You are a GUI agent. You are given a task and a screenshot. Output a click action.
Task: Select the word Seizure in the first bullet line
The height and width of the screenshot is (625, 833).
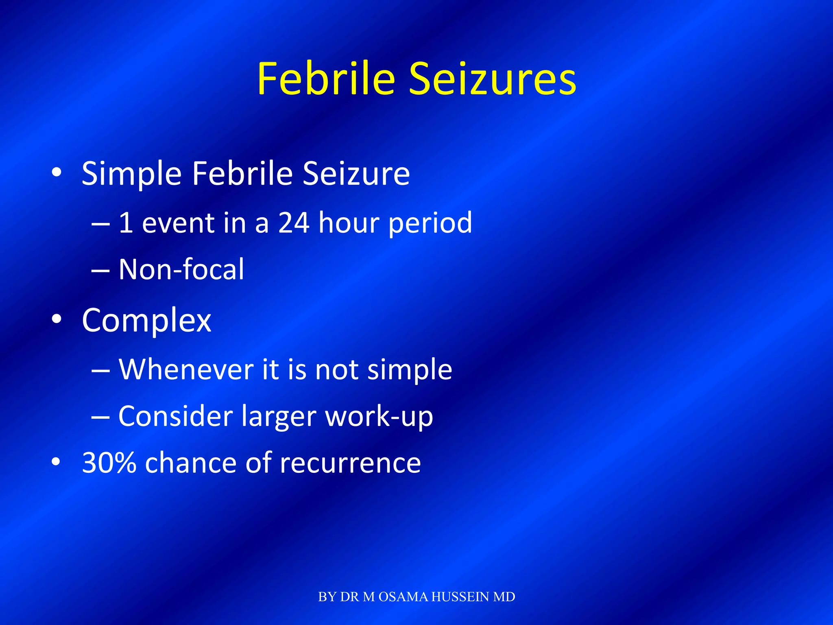click(x=356, y=173)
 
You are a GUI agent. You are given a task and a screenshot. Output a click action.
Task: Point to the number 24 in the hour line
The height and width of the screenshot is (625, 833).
click(x=294, y=223)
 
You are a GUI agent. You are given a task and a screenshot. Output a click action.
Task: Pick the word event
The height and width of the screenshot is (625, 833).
click(x=178, y=223)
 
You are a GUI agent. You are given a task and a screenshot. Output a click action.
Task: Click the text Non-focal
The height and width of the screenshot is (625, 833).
click(x=181, y=269)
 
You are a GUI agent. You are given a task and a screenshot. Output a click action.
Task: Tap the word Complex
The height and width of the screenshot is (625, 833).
click(x=146, y=321)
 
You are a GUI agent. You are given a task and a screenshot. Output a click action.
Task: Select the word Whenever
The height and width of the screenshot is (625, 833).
click(x=186, y=369)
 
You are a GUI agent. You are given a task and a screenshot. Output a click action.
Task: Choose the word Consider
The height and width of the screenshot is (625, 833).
click(x=175, y=416)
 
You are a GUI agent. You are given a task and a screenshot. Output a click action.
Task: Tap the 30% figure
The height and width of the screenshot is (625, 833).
click(x=109, y=463)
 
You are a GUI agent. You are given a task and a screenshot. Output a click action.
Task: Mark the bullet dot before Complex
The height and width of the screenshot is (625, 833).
click(x=57, y=319)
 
